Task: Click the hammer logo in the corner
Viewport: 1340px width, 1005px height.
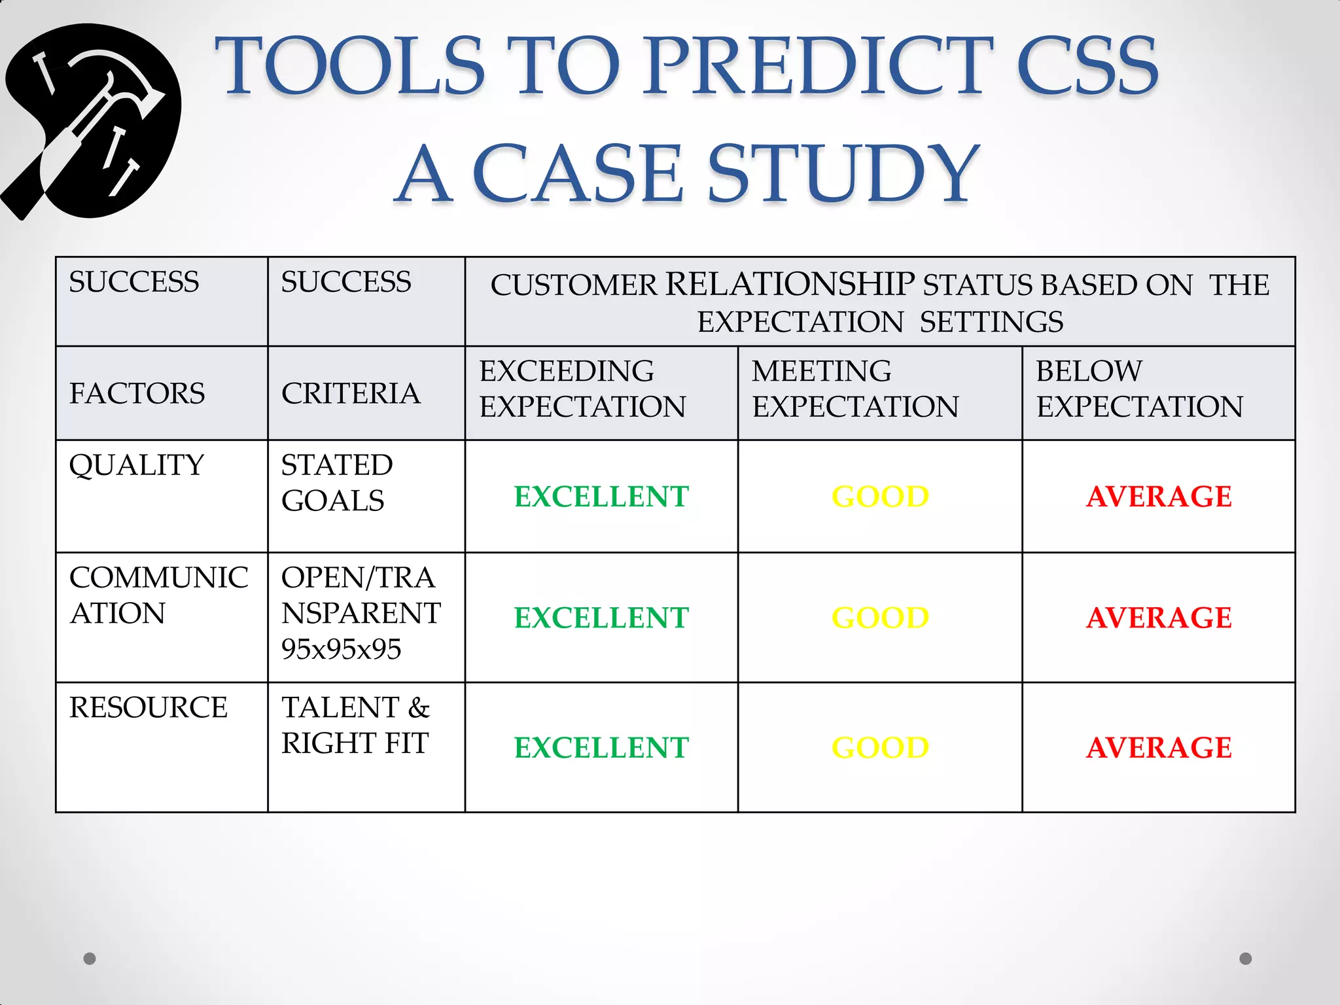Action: pyautogui.click(x=92, y=122)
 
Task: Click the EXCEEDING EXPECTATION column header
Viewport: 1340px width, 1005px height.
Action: pyautogui.click(x=582, y=389)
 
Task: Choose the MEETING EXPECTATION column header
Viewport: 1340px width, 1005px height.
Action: pyautogui.click(x=855, y=389)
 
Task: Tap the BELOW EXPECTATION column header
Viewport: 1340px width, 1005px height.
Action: pyautogui.click(x=1139, y=389)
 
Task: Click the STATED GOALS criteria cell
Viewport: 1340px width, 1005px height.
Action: pyautogui.click(x=336, y=483)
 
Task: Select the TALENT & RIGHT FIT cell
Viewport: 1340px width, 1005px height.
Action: pyautogui.click(x=355, y=726)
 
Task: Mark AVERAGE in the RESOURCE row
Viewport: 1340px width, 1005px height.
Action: pyautogui.click(x=1159, y=748)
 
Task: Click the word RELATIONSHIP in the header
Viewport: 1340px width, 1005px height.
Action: pyautogui.click(x=790, y=285)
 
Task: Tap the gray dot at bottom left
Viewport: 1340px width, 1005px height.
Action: pyautogui.click(x=90, y=959)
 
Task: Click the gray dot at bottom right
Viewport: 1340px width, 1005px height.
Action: pyautogui.click(x=1246, y=959)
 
